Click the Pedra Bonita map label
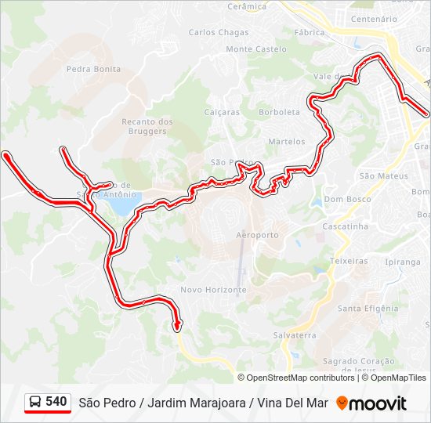(93, 69)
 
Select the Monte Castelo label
(250, 49)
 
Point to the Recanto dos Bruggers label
(147, 126)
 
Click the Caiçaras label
(222, 112)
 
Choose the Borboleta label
(280, 112)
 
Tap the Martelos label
(286, 142)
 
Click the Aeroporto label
(257, 235)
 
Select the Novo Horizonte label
(213, 290)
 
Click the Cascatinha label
(345, 226)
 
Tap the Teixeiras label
(349, 261)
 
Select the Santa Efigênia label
(368, 309)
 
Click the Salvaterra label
(294, 334)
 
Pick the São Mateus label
(383, 176)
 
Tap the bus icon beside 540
(36, 403)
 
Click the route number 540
(56, 402)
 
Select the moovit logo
(371, 403)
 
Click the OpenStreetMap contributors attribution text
(300, 378)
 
